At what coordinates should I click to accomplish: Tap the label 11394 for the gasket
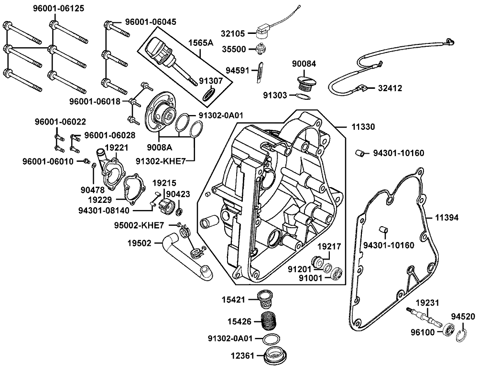pos(446,218)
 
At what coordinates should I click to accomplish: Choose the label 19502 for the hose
pos(139,243)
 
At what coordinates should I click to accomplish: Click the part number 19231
pos(426,302)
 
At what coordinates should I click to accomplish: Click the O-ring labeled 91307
pos(208,94)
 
